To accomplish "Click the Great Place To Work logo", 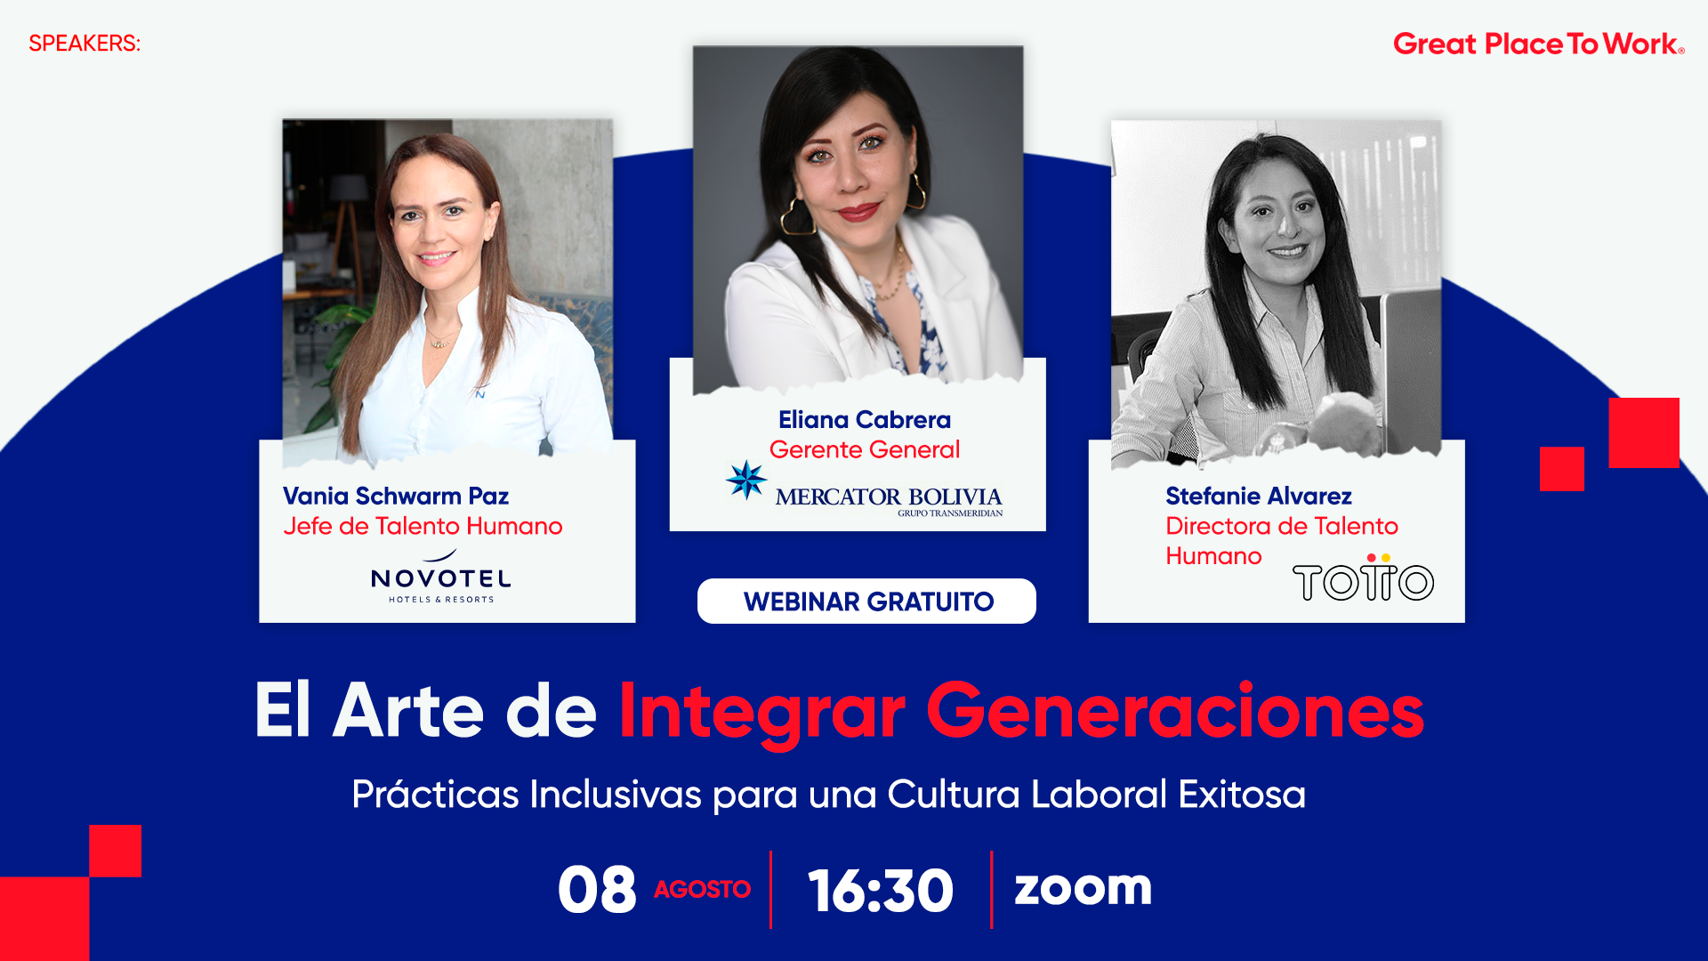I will click(x=1537, y=44).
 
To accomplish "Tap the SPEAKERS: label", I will click(x=85, y=44).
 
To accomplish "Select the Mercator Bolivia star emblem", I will click(x=746, y=480).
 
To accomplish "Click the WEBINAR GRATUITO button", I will click(x=867, y=602).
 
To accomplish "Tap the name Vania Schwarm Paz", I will click(x=396, y=496).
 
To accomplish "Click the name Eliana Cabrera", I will click(x=864, y=419).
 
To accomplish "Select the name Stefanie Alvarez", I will click(x=1258, y=496).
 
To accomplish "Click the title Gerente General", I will click(x=864, y=449).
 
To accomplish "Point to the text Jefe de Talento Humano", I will click(x=423, y=526).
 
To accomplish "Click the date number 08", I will click(x=597, y=890).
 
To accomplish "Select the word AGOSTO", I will click(x=702, y=889).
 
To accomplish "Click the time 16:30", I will click(x=880, y=890).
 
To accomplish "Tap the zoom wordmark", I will click(x=1083, y=887).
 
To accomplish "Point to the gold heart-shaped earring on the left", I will click(x=798, y=218).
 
